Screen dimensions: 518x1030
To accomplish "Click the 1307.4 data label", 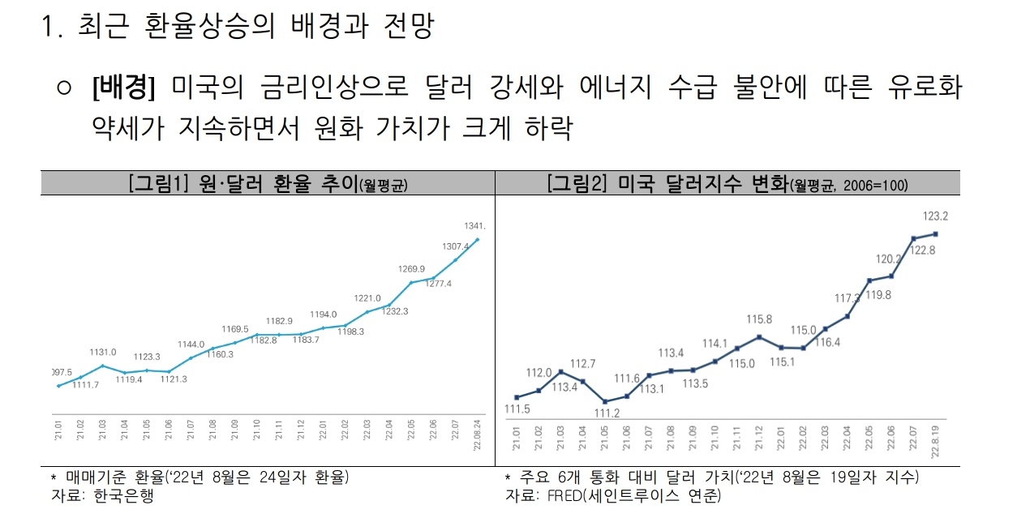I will pos(455,246).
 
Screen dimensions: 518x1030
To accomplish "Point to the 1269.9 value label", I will pos(412,268).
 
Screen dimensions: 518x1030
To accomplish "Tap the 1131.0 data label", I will pos(103,352).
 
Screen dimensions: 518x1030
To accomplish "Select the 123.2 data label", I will pos(937,216).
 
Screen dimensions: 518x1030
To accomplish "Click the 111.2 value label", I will pos(606,413).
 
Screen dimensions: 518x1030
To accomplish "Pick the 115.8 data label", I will pos(759,319).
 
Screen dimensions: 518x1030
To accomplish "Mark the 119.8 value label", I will pos(878,295).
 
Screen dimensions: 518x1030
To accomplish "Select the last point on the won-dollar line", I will pos(478,239).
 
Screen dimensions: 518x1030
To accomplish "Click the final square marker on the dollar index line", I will pos(937,234).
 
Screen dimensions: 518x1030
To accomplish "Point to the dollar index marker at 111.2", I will pos(605,401).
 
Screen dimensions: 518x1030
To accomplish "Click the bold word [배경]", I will pos(123,87).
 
